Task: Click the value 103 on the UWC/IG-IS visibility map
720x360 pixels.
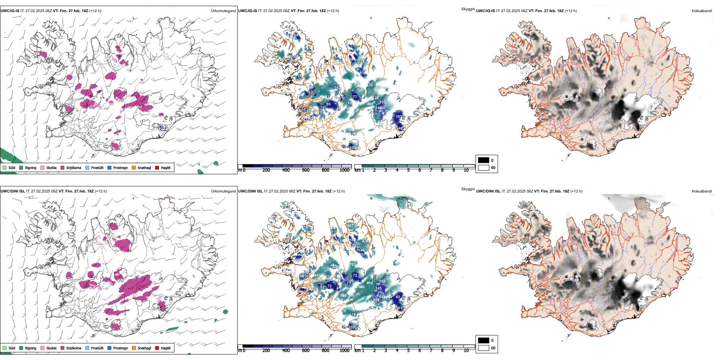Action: click(x=399, y=117)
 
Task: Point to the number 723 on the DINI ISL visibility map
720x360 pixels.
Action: click(x=352, y=265)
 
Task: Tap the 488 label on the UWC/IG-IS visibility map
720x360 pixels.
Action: click(x=370, y=104)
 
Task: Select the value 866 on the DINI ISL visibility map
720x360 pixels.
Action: click(x=361, y=287)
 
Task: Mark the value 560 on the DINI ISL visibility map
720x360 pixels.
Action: click(x=343, y=296)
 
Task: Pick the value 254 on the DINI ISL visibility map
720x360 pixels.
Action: click(x=376, y=300)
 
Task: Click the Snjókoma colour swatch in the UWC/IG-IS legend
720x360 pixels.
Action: click(x=63, y=167)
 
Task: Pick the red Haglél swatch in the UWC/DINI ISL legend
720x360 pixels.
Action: click(x=157, y=348)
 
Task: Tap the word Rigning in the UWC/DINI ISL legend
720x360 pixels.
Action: click(x=31, y=348)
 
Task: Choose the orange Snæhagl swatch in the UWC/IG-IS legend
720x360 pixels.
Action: click(x=134, y=167)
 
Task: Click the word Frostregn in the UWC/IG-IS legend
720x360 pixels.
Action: click(x=121, y=167)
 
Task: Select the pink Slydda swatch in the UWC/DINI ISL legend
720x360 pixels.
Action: click(x=42, y=348)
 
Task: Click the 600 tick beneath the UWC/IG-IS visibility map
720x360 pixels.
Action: click(x=306, y=170)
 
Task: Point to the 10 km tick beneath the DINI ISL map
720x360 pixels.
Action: click(x=466, y=351)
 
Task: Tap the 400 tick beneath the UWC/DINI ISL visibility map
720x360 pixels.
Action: click(x=286, y=351)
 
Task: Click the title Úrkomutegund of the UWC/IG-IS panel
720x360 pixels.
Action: click(x=223, y=11)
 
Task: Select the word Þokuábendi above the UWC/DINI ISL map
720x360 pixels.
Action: click(x=702, y=191)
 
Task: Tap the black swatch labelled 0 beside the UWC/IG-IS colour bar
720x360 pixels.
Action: click(x=484, y=160)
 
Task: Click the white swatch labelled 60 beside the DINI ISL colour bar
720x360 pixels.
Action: click(x=484, y=348)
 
